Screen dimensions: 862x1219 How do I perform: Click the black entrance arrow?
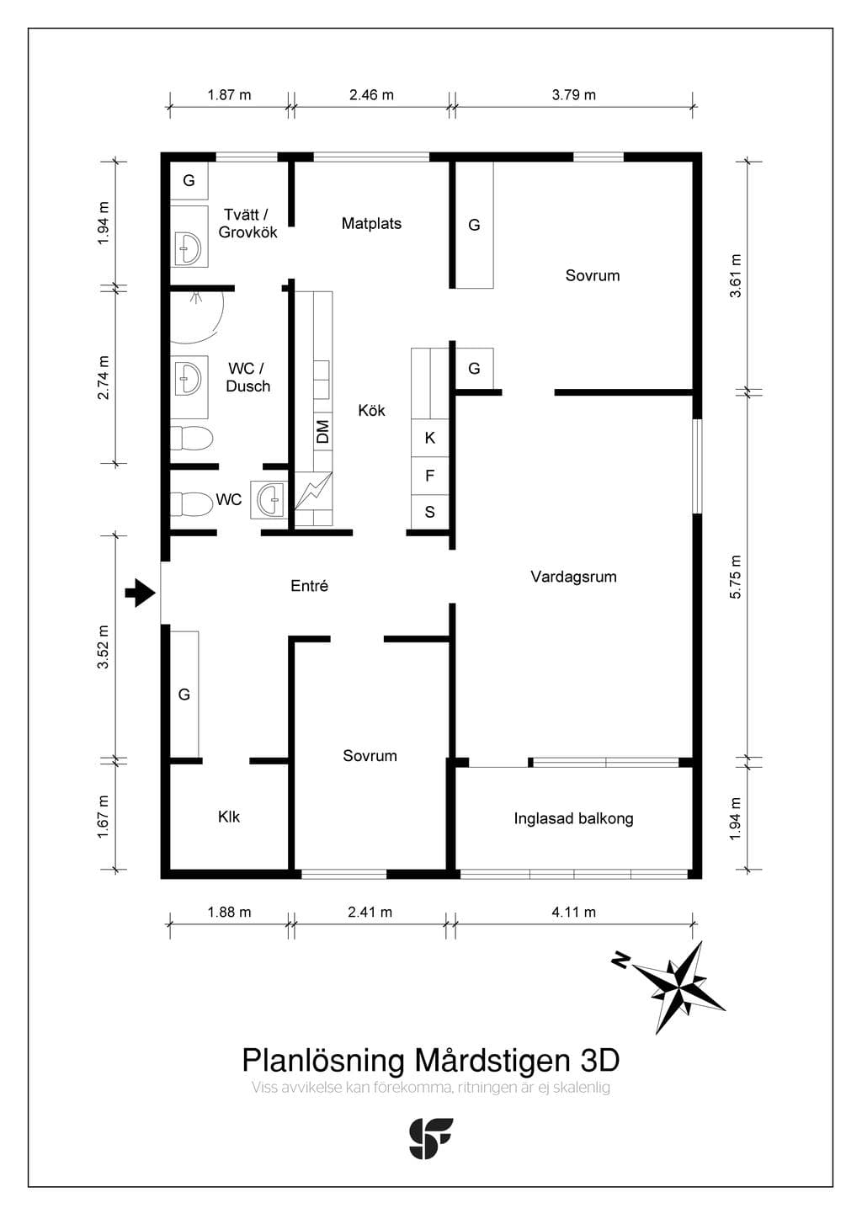(x=141, y=593)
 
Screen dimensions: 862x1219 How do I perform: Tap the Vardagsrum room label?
(x=573, y=577)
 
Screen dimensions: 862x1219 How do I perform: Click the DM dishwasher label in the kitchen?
(x=322, y=431)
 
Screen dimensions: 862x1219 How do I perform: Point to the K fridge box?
(x=430, y=438)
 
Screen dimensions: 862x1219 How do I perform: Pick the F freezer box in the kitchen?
(x=430, y=476)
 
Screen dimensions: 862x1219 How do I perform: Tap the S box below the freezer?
(x=430, y=512)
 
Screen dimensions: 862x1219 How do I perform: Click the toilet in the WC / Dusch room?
(x=191, y=438)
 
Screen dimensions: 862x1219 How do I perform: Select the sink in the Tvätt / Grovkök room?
(x=189, y=248)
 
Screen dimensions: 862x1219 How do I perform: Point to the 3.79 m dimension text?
(x=573, y=94)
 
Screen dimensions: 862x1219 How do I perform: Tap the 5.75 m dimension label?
(x=735, y=577)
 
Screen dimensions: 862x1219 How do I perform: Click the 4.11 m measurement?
(x=573, y=912)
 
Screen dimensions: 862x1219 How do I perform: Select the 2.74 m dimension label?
(x=104, y=377)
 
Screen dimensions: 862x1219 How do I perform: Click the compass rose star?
(x=679, y=986)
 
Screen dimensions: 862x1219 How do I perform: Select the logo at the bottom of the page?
(x=430, y=1138)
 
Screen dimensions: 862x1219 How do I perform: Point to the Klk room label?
(x=229, y=817)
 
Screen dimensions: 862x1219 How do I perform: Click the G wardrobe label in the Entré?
(x=184, y=695)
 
